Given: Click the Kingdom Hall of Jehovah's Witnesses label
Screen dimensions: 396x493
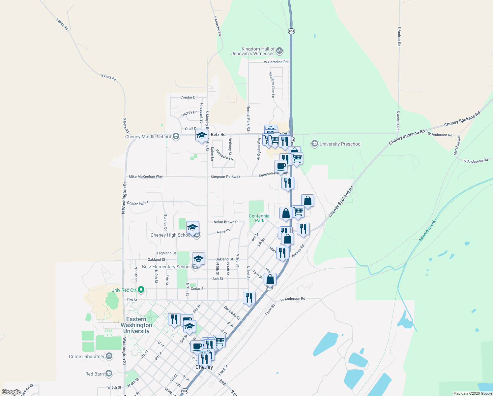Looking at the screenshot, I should pos(253,51).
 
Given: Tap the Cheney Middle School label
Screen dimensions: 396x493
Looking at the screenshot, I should pos(148,137).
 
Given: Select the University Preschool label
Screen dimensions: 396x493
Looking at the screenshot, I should pos(340,144).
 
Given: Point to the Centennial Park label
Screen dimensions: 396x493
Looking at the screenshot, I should pos(260,218).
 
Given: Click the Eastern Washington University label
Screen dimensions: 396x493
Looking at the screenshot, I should pos(136,325).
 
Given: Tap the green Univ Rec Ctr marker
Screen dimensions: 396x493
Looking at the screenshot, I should pos(141,290).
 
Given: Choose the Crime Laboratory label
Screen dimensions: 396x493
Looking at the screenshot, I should pos(86,356).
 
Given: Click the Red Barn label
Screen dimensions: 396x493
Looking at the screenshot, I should pos(95,374).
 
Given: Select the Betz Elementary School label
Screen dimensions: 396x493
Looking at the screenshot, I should pos(166,267).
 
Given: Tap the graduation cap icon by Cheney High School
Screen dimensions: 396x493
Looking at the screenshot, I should pos(192,228).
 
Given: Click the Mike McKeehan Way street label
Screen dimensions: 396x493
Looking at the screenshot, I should pos(146,177).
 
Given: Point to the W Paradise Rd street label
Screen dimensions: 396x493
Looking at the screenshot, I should pos(275,62).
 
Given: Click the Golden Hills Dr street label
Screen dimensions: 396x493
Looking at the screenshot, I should pos(139,203).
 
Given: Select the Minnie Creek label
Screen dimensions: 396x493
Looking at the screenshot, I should pos(427,231).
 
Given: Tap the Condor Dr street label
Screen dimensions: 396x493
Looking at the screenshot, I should pos(188,97).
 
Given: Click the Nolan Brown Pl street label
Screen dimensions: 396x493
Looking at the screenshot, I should pos(226,222).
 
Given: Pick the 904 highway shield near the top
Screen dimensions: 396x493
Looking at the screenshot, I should pos(291,31).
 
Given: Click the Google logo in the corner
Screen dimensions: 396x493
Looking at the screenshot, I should pos(11,392).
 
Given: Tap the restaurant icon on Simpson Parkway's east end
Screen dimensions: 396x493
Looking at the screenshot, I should pos(288,183).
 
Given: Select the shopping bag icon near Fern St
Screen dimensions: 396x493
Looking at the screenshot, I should pos(270,279).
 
